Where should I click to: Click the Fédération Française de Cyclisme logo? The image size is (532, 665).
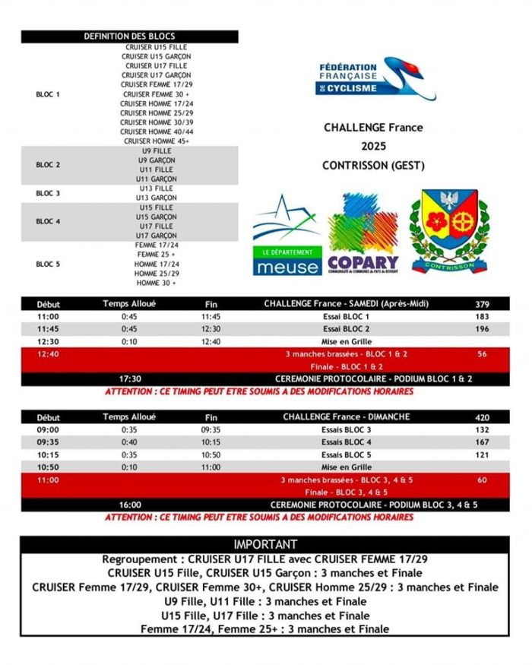(x=375, y=79)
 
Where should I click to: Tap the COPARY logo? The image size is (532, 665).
(x=363, y=233)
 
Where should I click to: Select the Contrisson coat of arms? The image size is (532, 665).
(x=448, y=230)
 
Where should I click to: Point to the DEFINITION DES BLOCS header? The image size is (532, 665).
(x=129, y=36)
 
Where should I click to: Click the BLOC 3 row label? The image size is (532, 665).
(x=47, y=193)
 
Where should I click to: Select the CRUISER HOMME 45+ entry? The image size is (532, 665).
(x=157, y=141)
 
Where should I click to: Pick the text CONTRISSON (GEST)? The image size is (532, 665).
(x=373, y=165)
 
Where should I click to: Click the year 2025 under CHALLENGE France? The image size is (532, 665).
(x=373, y=146)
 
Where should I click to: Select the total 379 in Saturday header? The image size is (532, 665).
(x=482, y=304)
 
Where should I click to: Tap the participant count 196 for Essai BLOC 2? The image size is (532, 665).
(x=482, y=329)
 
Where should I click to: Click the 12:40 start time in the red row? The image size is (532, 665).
(x=48, y=353)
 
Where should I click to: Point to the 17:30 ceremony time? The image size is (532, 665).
(x=130, y=378)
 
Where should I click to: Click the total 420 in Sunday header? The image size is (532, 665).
(x=482, y=416)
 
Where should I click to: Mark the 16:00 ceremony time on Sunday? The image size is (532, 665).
(x=130, y=505)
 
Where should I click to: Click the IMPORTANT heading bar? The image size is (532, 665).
(x=265, y=544)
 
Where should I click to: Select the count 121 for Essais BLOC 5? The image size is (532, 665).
(x=482, y=454)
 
